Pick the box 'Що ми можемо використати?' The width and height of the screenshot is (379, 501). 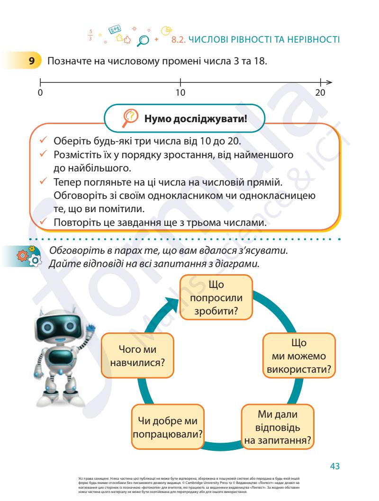(299, 355)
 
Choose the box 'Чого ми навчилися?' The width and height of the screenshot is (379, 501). (137, 356)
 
